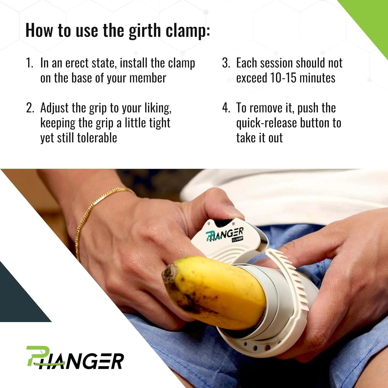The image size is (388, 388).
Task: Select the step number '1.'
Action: click(29, 63)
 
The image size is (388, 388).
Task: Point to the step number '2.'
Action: click(30, 108)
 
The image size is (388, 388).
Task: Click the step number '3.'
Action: click(226, 63)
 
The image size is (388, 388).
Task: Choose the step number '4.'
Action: click(226, 108)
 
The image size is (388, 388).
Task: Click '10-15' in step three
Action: click(283, 78)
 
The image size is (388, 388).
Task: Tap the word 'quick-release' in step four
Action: click(266, 123)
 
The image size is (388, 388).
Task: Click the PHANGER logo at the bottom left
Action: click(75, 358)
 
